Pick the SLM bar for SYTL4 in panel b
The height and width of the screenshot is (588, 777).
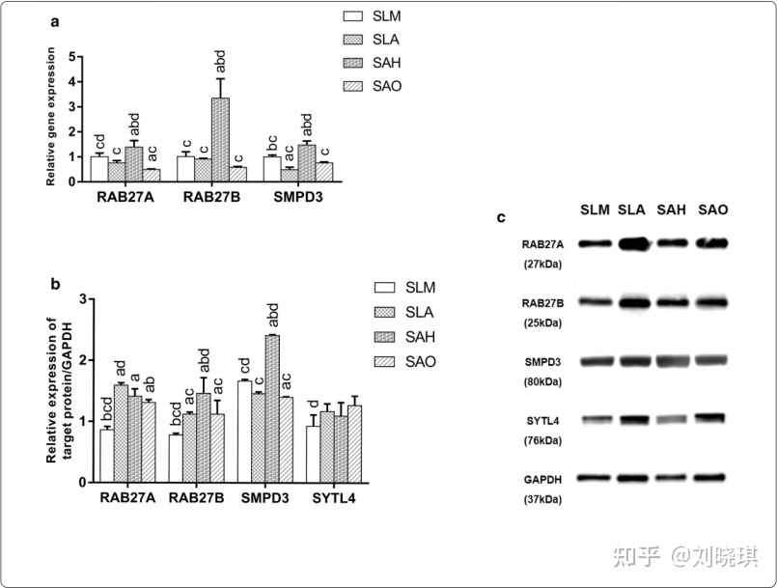(312, 454)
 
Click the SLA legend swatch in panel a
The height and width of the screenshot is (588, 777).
(353, 40)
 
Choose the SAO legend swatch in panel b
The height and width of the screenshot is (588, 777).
(385, 362)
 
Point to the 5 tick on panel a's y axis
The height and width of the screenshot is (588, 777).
(74, 55)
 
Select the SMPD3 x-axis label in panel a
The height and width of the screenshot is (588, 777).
(299, 199)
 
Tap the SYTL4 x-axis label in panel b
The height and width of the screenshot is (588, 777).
(333, 498)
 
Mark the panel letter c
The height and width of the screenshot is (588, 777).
(501, 218)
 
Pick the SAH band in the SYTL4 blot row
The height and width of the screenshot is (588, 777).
(671, 420)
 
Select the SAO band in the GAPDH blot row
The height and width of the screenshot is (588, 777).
(710, 477)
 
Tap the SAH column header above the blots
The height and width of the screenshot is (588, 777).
(672, 210)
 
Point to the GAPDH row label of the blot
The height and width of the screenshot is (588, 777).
(543, 479)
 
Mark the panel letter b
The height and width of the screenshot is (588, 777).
(55, 284)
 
